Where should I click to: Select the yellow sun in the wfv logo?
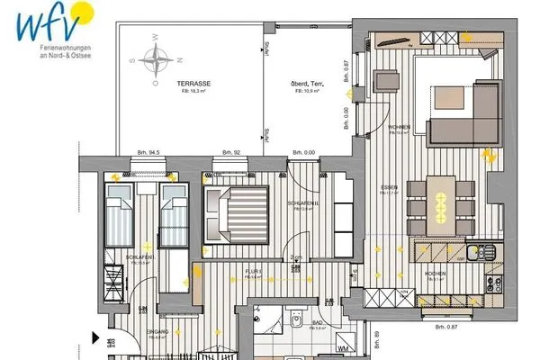(83, 13)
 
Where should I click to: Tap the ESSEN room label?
(389, 187)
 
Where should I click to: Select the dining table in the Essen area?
(441, 200)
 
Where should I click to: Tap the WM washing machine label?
(343, 347)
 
